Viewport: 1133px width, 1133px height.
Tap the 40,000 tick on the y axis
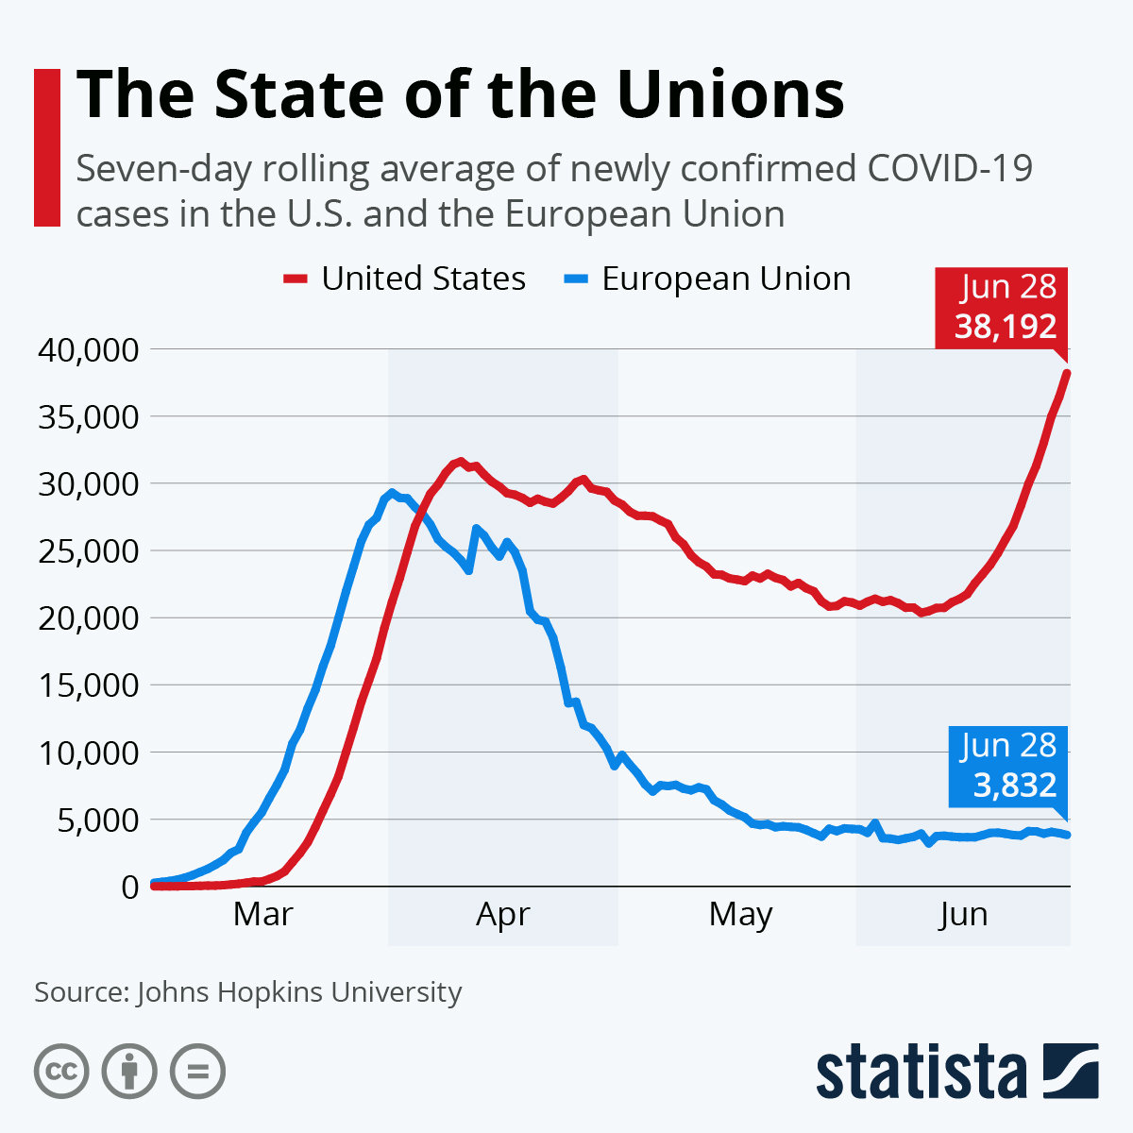tap(89, 349)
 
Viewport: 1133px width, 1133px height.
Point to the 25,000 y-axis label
tap(89, 550)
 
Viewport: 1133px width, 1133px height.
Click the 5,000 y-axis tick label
tap(96, 820)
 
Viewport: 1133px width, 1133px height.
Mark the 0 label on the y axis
tap(129, 887)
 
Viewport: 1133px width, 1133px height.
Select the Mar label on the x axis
tap(263, 914)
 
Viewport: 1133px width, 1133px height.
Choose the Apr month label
tap(503, 914)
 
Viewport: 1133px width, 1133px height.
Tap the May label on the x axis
tap(741, 914)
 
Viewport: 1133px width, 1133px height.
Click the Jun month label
tap(963, 914)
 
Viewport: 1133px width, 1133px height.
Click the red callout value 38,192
tap(1005, 327)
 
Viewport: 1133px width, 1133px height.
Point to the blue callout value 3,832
tap(1015, 785)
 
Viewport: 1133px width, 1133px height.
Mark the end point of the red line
tap(1067, 373)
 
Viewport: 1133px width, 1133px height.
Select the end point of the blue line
tap(1067, 835)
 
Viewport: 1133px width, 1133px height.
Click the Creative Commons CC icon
tap(61, 1072)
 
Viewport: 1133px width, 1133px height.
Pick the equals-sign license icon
tap(197, 1072)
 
